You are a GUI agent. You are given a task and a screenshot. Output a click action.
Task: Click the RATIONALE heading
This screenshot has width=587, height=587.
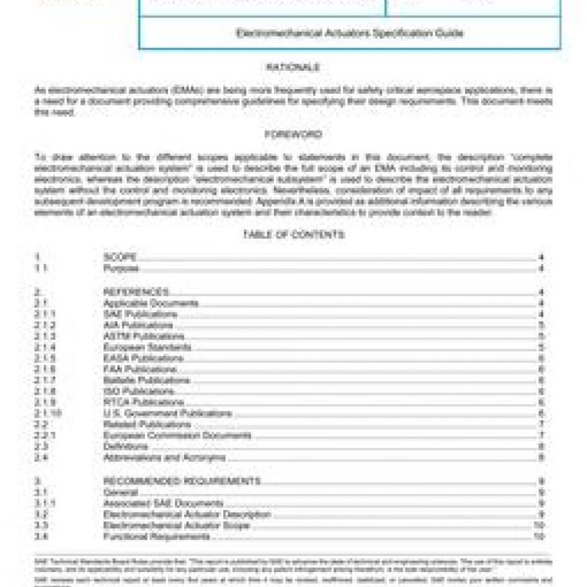[x=293, y=67]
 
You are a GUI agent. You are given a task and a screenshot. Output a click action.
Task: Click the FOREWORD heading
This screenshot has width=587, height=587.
[x=293, y=134]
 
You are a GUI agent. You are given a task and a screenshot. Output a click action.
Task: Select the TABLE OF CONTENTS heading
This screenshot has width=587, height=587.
[x=293, y=235]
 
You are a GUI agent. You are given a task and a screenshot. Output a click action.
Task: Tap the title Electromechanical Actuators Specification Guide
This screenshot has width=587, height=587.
[x=350, y=33]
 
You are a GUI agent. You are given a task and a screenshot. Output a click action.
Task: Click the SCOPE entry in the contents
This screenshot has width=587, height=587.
[x=121, y=257]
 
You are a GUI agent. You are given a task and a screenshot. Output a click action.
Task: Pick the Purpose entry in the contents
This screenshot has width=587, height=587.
[x=121, y=269]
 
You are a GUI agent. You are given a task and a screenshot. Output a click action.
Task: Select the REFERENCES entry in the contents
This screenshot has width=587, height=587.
[x=136, y=292]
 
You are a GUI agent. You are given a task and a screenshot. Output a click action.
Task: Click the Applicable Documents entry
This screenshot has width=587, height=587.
[x=150, y=304]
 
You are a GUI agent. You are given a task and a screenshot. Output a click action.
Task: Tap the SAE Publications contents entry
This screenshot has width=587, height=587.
[x=140, y=314]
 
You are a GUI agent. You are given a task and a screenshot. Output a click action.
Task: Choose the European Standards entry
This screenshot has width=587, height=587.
[x=147, y=347]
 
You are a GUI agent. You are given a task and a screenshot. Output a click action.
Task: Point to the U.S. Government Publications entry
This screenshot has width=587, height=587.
[x=167, y=414]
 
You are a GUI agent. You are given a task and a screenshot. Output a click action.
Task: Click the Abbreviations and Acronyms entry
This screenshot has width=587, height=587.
[x=164, y=457]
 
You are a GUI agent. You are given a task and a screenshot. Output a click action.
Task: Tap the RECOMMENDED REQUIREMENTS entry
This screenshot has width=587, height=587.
[x=181, y=481]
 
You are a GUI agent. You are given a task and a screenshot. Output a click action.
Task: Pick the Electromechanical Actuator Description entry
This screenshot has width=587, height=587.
[x=187, y=514]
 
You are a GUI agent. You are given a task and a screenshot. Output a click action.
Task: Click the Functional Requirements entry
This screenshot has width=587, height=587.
[x=157, y=536]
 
